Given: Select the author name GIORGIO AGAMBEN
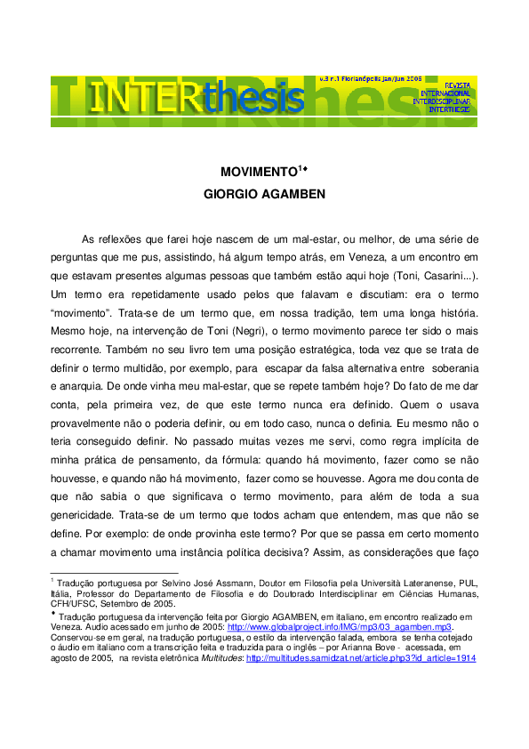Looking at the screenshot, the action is [265, 195].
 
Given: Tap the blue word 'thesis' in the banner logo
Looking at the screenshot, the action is [255, 100].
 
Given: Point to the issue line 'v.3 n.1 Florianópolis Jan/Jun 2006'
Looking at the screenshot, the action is [371, 79].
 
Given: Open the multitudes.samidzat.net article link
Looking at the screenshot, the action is [361, 658].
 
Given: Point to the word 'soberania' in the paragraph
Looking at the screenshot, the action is [454, 369].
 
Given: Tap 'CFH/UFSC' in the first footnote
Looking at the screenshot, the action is [74, 604].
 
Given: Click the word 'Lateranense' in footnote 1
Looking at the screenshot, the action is [421, 584].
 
